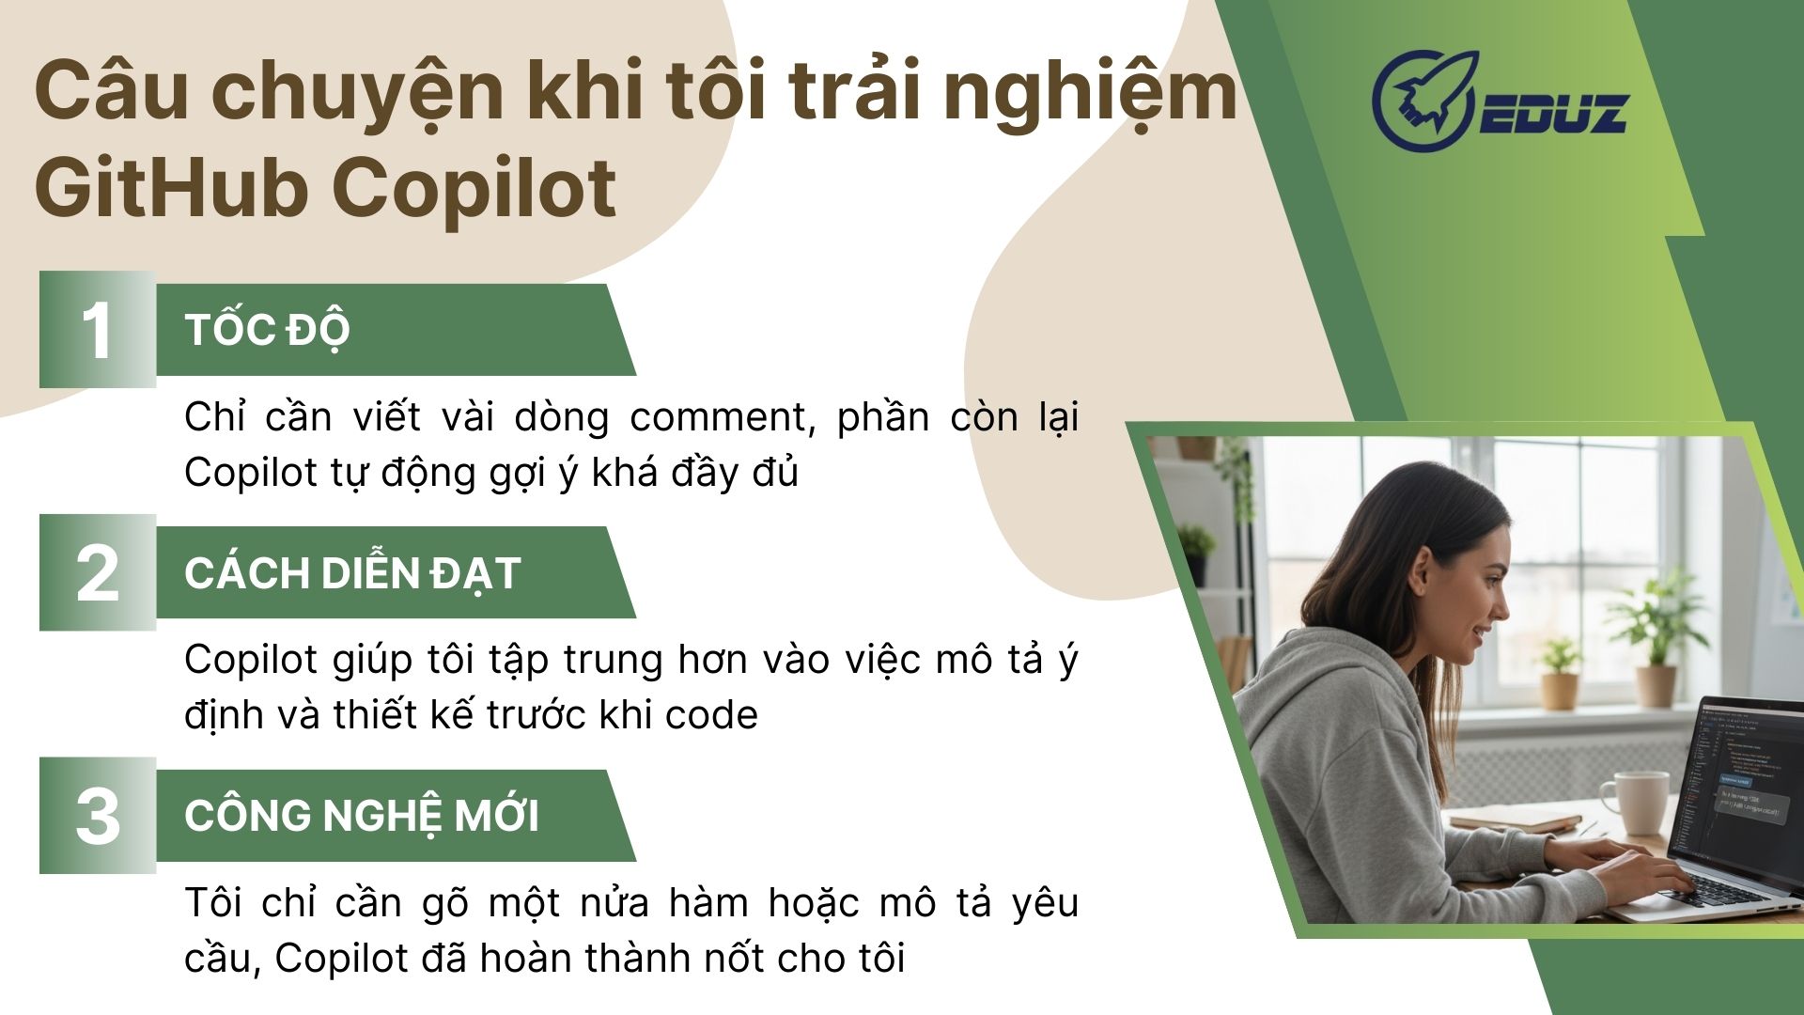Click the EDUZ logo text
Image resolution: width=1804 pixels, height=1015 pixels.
(x=1554, y=113)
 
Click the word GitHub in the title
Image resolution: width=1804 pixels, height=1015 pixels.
(x=171, y=187)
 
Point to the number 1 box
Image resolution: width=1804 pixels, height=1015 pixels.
(x=98, y=329)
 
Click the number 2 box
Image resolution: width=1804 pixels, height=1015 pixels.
(x=98, y=572)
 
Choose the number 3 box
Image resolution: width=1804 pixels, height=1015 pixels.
(x=98, y=815)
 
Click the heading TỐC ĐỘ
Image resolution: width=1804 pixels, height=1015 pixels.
(x=268, y=330)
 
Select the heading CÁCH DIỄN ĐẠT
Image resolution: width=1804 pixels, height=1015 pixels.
(x=353, y=572)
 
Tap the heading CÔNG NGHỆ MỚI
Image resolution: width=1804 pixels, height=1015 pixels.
(x=362, y=815)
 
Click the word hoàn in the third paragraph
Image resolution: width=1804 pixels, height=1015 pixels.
(x=527, y=959)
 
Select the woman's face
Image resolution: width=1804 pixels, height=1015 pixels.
(x=1475, y=601)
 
